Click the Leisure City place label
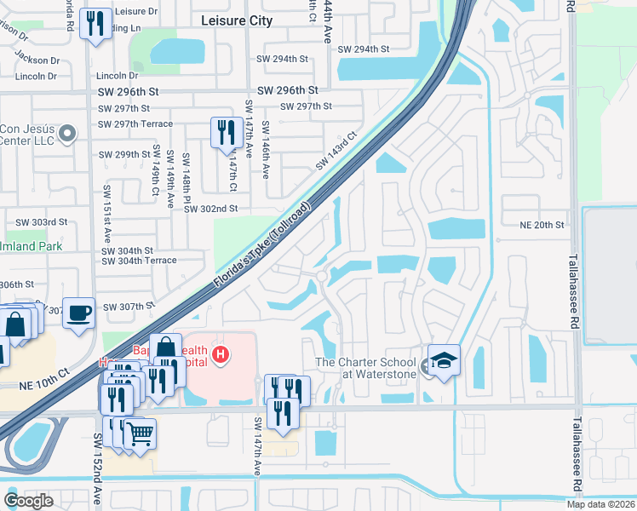point(235,20)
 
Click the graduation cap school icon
point(444,360)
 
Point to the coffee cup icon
point(79,313)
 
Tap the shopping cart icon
point(140,433)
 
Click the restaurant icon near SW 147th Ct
point(226,133)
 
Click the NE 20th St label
point(542,225)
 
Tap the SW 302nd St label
point(210,208)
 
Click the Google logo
point(28,501)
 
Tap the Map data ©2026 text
point(600,504)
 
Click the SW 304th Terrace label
point(140,261)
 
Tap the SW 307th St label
point(128,307)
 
